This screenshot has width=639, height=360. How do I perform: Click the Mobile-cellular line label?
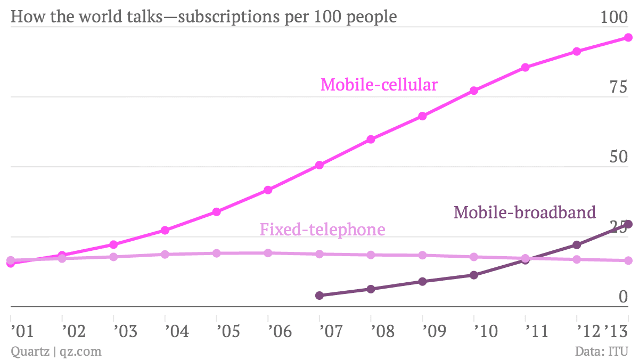pyautogui.click(x=379, y=85)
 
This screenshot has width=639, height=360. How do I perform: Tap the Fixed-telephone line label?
pyautogui.click(x=322, y=230)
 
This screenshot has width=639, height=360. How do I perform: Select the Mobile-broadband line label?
pyautogui.click(x=525, y=212)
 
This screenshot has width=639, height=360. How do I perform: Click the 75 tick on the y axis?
pyautogui.click(x=619, y=88)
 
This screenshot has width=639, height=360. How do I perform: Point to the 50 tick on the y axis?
pyautogui.click(x=619, y=158)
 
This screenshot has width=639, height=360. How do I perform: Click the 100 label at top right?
pyautogui.click(x=614, y=18)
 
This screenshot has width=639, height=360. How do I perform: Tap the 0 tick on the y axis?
pyautogui.click(x=623, y=297)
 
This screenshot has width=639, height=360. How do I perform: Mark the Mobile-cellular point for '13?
pyautogui.click(x=628, y=37)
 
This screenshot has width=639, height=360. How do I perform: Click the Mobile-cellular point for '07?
pyautogui.click(x=319, y=165)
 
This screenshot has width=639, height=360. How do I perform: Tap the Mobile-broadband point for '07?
pyautogui.click(x=319, y=295)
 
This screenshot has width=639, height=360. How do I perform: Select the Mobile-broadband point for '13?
pyautogui.click(x=628, y=224)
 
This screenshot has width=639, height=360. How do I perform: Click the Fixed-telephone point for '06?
pyautogui.click(x=268, y=253)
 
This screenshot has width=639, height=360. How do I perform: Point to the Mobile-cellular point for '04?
pyautogui.click(x=165, y=230)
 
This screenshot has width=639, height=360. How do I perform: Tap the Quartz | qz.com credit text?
pyautogui.click(x=56, y=351)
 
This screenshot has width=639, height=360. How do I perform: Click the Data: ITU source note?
pyautogui.click(x=602, y=351)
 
